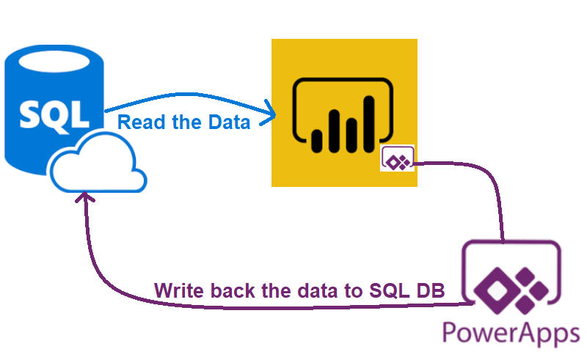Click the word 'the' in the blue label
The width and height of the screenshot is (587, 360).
coord(184,122)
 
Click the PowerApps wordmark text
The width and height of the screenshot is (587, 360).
coord(511,334)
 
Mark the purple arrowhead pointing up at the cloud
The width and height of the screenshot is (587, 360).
coord(87,196)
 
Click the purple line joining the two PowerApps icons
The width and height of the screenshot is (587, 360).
coord(499,205)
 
